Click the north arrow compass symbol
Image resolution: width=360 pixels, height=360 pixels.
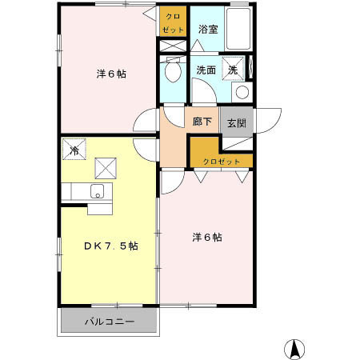[x=294, y=349]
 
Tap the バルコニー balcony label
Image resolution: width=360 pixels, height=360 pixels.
[x=110, y=322]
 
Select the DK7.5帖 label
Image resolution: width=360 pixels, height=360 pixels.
[x=112, y=246]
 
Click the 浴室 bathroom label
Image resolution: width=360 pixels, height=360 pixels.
[x=208, y=30]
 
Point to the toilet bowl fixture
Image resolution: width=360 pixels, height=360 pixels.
[x=170, y=73]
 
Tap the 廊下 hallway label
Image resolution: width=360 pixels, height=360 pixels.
[x=202, y=122]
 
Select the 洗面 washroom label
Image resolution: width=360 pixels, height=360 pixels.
[x=206, y=70]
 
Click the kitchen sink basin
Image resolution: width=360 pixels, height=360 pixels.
[x=97, y=191]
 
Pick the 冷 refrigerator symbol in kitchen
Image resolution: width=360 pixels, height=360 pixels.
[x=74, y=150]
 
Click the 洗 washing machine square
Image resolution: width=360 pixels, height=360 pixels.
[x=233, y=70]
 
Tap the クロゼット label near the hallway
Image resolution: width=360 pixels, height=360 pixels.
[x=221, y=162]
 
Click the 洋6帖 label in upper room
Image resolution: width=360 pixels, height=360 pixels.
[x=112, y=74]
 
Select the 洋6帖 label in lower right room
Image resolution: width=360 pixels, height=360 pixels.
[x=206, y=237]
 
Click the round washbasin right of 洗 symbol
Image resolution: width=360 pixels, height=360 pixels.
[x=242, y=92]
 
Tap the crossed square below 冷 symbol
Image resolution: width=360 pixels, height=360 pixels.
[x=106, y=168]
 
